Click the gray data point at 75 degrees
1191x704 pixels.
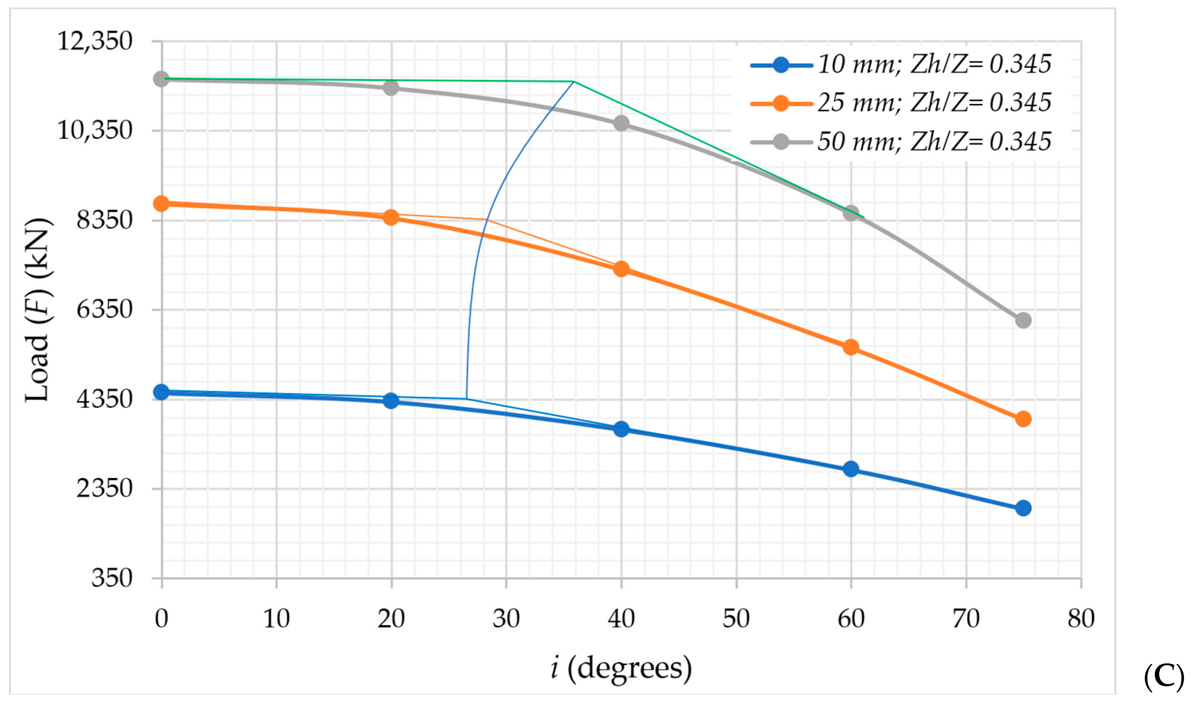1023,320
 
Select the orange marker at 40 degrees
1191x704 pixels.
621,269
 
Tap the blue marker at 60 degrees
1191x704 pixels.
851,469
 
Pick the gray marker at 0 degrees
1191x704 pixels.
161,79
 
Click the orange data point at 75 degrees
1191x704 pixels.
1023,419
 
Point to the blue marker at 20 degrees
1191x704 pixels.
391,401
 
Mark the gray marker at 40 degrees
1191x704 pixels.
621,124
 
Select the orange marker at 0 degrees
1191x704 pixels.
161,203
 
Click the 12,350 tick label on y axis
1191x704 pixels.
95,41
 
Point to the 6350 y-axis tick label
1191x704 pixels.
105,310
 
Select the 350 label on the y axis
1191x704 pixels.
112,578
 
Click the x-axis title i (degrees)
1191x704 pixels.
621,668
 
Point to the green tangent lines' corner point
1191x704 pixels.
574,82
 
